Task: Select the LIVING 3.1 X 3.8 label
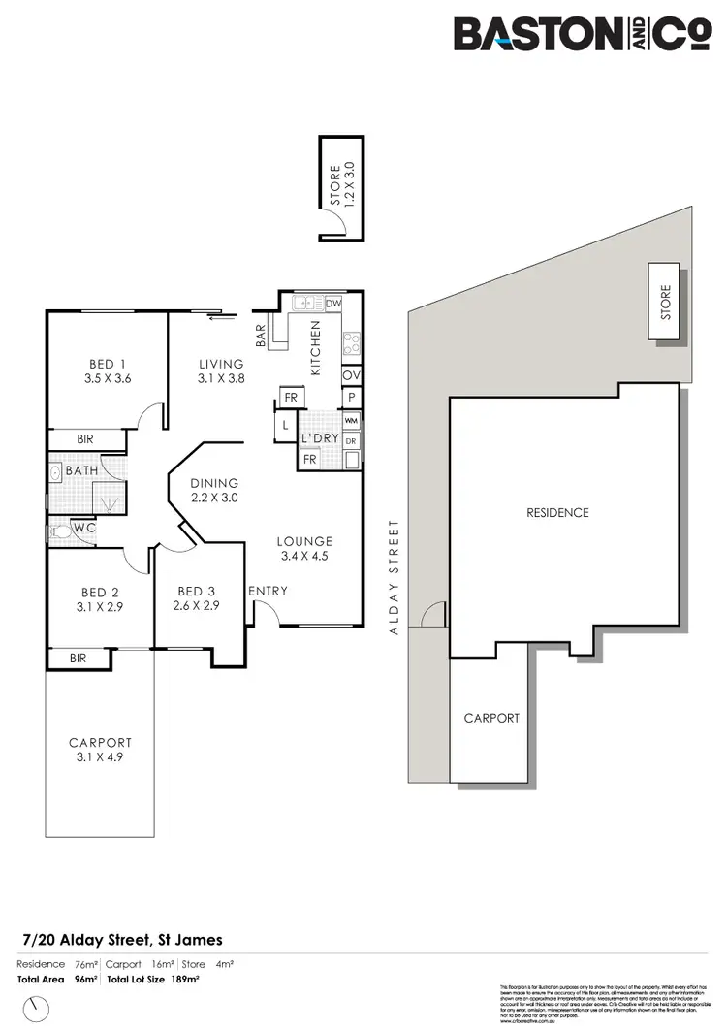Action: coord(221,371)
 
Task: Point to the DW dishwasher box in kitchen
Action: coord(333,304)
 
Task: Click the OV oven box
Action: coord(351,374)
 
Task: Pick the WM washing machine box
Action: coord(351,421)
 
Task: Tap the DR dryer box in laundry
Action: coord(351,439)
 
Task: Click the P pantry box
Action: coord(351,398)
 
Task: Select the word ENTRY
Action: coord(268,591)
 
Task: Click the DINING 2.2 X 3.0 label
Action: coord(215,490)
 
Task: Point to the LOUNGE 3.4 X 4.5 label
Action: coord(304,548)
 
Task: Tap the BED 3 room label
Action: coord(191,597)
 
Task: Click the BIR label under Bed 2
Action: coord(78,658)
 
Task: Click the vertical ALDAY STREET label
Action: coord(395,577)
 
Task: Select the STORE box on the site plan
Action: coord(665,301)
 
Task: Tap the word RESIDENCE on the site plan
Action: coord(557,512)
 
